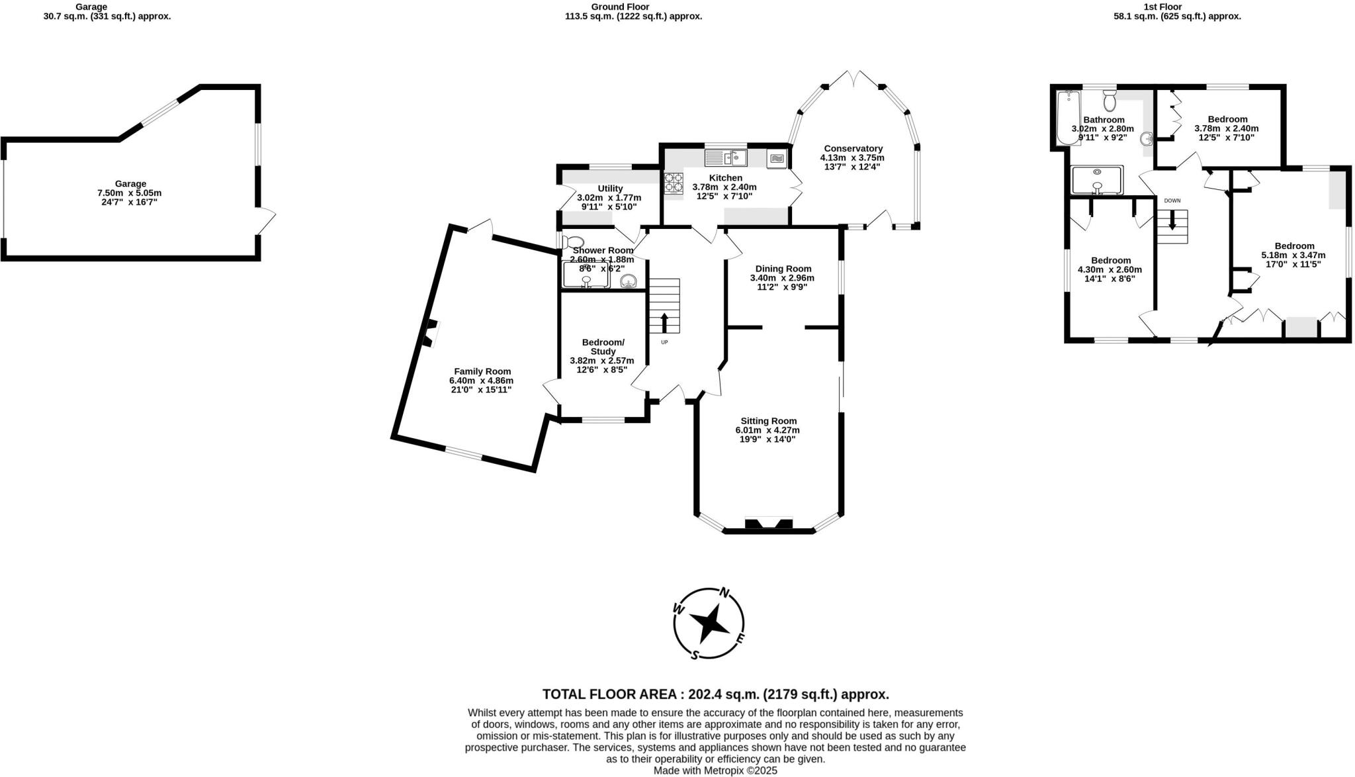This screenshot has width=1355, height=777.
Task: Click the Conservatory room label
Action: pos(853,148)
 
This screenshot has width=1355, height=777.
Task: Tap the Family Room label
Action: pos(482,371)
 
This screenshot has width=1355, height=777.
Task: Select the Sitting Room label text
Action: pos(768,421)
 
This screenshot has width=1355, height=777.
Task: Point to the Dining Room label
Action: pos(783,269)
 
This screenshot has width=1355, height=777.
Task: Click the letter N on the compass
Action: pos(724,592)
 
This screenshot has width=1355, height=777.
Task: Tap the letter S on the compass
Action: pos(695,655)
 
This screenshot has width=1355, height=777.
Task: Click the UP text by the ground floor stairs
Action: pos(664,342)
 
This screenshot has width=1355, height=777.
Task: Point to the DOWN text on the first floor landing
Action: pos(1172,201)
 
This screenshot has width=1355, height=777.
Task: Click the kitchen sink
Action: pos(726,158)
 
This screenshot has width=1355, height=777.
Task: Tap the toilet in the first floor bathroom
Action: pos(1110,102)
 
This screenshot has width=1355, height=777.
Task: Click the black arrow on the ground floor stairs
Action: pos(664,322)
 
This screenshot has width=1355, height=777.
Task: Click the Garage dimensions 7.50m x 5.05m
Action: pos(129,193)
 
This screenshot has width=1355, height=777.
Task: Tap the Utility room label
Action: pos(609,189)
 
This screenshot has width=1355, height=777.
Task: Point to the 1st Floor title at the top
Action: pos(1176,7)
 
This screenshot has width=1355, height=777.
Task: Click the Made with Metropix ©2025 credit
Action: pos(715,770)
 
